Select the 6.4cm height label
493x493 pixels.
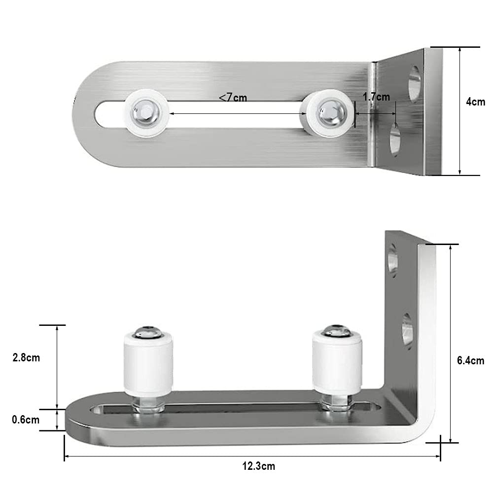[x=470, y=361]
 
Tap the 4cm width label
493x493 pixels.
[x=475, y=102]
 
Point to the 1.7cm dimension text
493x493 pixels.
[x=376, y=97]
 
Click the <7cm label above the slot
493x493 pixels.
[x=233, y=98]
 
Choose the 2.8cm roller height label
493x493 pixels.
[x=26, y=357]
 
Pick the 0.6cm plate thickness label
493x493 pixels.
[x=26, y=420]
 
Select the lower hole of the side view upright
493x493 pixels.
[x=407, y=329]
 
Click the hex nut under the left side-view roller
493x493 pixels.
[x=148, y=406]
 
